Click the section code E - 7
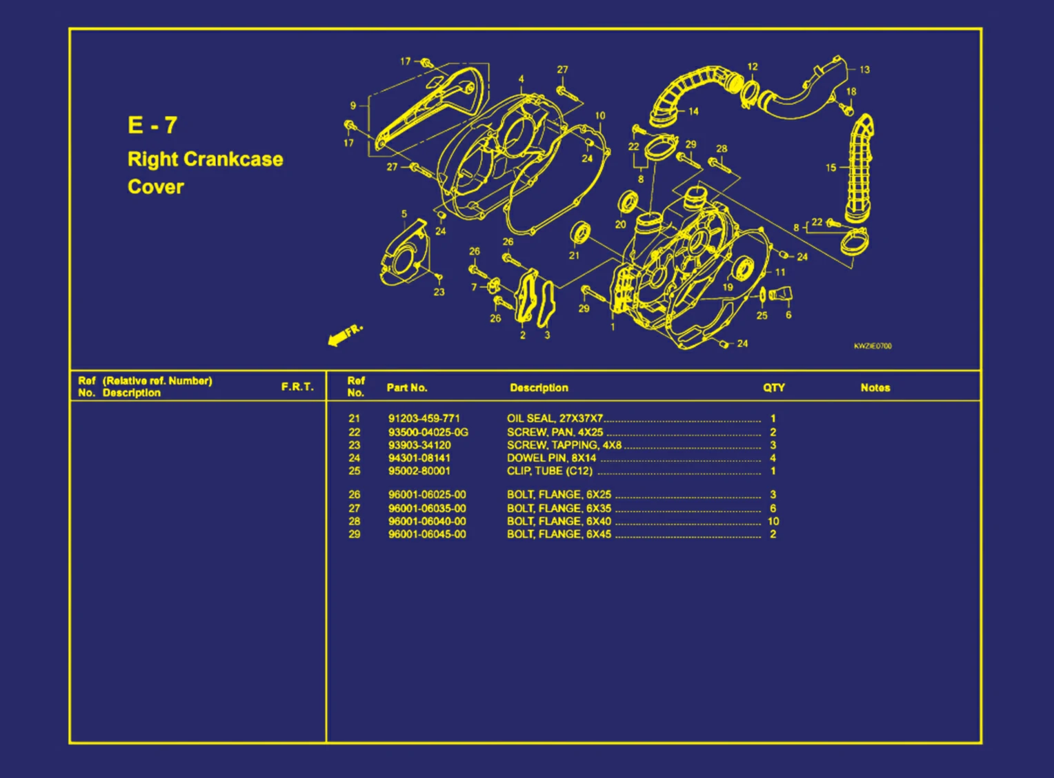[x=152, y=125]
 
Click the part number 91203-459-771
[x=424, y=418]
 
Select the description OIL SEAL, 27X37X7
[x=555, y=418]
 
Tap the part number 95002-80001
[x=419, y=471]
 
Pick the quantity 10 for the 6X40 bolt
[x=773, y=521]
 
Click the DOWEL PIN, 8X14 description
[x=551, y=458]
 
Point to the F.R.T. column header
[x=297, y=387]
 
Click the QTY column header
[x=773, y=388]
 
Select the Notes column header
[x=875, y=388]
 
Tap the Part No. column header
[x=406, y=388]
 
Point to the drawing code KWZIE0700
[x=873, y=346]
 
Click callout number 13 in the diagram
[x=864, y=70]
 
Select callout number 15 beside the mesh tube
[x=831, y=168]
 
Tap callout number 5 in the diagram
[x=404, y=214]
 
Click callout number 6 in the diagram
[x=788, y=315]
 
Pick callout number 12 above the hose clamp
[x=753, y=67]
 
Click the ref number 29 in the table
[x=354, y=534]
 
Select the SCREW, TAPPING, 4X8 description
[x=564, y=445]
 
